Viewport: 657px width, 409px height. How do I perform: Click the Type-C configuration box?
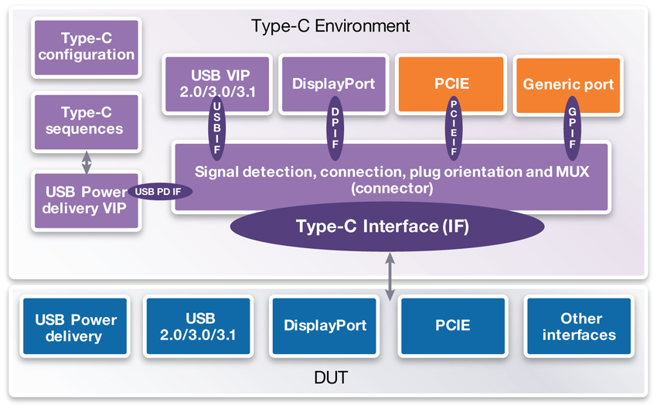tap(86, 46)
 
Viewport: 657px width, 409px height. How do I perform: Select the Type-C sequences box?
tap(86, 121)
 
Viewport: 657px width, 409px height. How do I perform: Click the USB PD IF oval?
tap(162, 192)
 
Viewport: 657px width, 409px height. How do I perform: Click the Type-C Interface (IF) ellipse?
tap(383, 227)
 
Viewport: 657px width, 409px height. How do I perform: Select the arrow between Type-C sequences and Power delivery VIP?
tap(87, 161)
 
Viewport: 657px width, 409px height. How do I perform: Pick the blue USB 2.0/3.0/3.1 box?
tap(200, 327)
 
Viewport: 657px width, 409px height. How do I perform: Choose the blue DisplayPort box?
tap(325, 326)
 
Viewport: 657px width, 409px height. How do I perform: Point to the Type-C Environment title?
tap(330, 26)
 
